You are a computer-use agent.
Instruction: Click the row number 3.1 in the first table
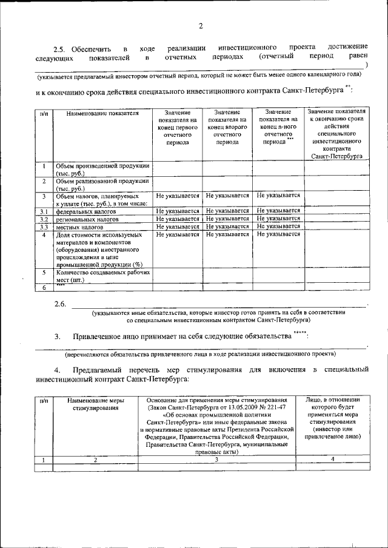[44, 211]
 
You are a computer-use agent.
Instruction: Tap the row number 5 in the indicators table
[44, 272]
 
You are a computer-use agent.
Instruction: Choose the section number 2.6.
[59, 303]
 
